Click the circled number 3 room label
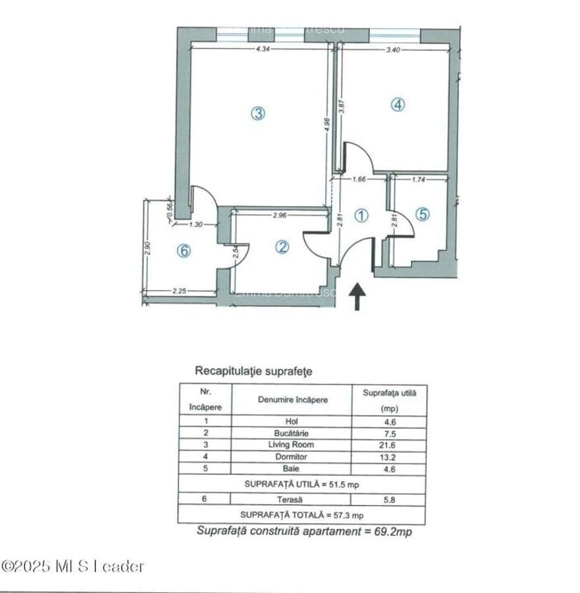click(x=258, y=113)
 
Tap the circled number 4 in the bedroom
click(x=398, y=104)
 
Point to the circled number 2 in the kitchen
click(x=282, y=247)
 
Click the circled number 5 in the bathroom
click(x=423, y=214)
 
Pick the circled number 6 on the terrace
click(x=184, y=250)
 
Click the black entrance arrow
click(x=357, y=296)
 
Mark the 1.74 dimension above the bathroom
click(x=419, y=179)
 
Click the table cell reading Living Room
click(x=292, y=445)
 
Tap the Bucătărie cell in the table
click(x=292, y=434)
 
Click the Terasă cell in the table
click(x=292, y=499)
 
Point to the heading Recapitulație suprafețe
click(x=253, y=371)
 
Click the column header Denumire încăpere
click(x=292, y=400)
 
